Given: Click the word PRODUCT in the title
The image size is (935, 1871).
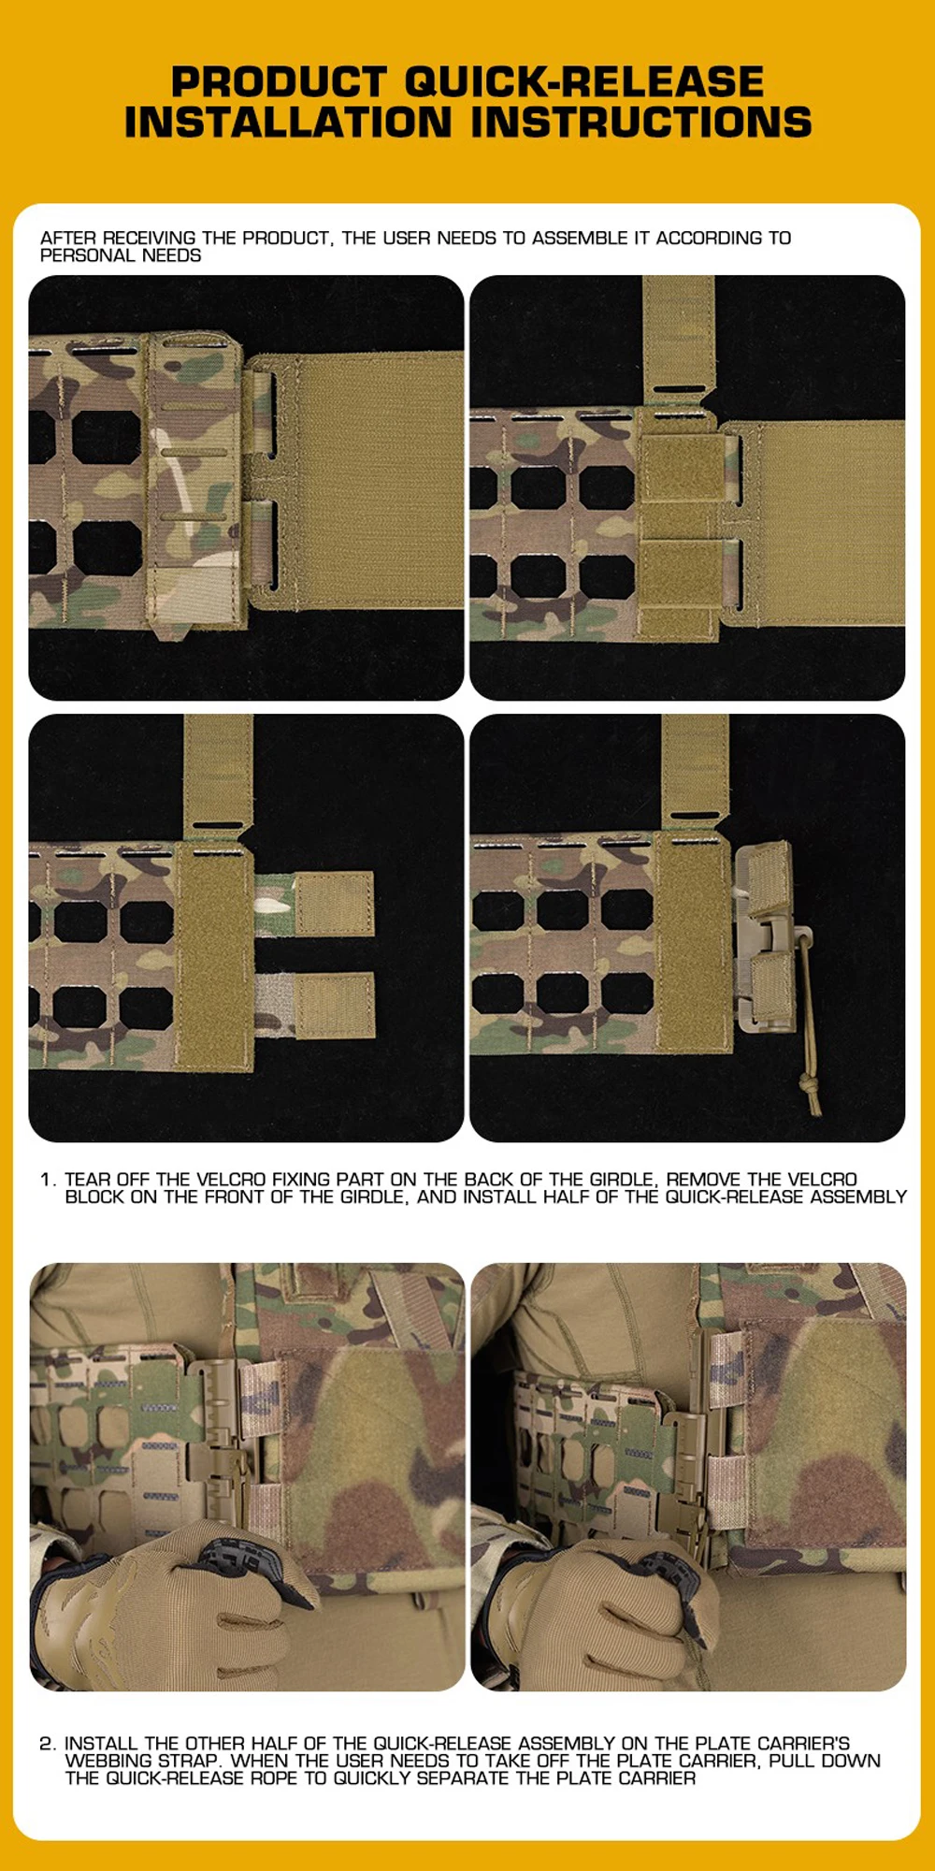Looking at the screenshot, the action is coord(279,82).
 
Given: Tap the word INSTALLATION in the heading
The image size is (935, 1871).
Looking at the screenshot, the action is coord(288,123).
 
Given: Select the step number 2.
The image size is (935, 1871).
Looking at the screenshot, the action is coord(47,1744).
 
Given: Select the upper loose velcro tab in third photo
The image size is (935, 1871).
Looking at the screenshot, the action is coord(334,902).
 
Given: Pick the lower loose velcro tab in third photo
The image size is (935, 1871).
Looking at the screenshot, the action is coord(335,1005).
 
